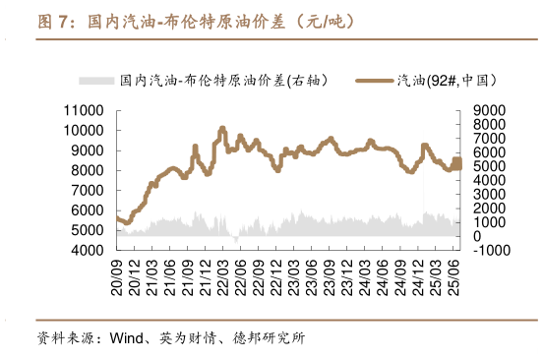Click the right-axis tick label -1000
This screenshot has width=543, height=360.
[485, 251]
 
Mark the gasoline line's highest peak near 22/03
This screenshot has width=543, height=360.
[222, 129]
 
